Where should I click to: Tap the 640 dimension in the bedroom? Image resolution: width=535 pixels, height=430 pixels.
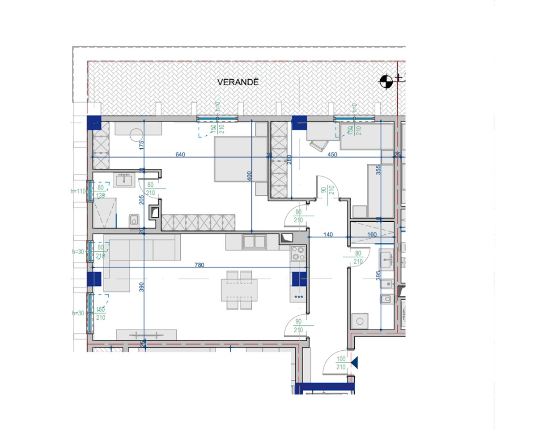180,154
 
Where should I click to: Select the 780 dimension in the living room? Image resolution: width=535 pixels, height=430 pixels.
199,265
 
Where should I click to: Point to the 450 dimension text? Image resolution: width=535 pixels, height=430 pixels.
332,154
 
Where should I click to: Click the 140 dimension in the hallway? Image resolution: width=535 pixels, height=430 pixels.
328,234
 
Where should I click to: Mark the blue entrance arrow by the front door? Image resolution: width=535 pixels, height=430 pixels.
355,362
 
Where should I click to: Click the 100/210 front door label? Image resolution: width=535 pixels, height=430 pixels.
341,363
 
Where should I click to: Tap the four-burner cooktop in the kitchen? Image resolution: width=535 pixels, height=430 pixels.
298,254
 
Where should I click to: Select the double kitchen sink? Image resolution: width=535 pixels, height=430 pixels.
254,242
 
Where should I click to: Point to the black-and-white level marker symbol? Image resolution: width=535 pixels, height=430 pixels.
386,81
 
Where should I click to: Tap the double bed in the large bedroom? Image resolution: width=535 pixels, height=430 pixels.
234,159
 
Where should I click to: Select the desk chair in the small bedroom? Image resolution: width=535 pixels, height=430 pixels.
318,144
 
